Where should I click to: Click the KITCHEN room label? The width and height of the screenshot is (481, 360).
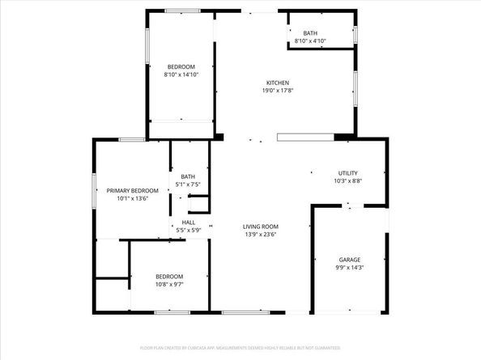click(279, 83)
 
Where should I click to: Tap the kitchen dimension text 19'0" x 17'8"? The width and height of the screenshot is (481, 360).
click(279, 91)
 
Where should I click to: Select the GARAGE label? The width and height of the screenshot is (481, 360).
click(350, 260)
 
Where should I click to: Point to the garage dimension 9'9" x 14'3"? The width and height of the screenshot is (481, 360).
click(350, 268)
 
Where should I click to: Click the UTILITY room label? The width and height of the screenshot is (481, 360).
click(348, 173)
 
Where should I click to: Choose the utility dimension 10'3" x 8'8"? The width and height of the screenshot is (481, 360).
click(348, 181)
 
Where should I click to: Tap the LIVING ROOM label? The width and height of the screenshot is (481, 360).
click(261, 227)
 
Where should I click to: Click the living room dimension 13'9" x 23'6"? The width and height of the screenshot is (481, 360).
click(261, 235)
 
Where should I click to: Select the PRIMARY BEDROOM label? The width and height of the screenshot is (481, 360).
click(133, 190)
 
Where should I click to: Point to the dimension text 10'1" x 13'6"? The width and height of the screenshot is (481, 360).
click(133, 198)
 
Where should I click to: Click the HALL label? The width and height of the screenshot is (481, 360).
click(188, 222)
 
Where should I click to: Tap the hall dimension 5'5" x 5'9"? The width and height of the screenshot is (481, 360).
click(188, 231)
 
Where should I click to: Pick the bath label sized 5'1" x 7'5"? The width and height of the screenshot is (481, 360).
click(188, 177)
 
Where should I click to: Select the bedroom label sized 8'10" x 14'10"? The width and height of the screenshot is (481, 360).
click(181, 66)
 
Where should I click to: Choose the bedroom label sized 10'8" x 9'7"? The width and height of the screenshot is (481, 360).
click(169, 276)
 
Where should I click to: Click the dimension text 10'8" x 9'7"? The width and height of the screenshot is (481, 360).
click(169, 284)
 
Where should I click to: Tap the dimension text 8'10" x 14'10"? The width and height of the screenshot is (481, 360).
click(181, 74)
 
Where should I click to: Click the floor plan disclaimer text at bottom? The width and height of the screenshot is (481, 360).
click(240, 348)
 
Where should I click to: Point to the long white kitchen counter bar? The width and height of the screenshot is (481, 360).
click(305, 138)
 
